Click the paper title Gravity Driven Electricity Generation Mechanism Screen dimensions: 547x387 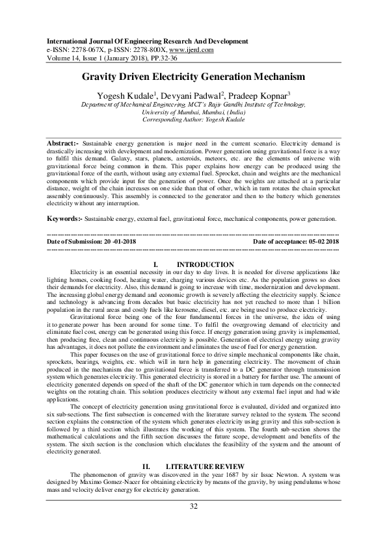[x=193, y=76]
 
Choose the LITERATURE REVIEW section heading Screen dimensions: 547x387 [x=205, y=466]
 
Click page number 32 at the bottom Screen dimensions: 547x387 [x=193, y=507]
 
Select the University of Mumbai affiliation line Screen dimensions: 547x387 [x=193, y=112]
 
